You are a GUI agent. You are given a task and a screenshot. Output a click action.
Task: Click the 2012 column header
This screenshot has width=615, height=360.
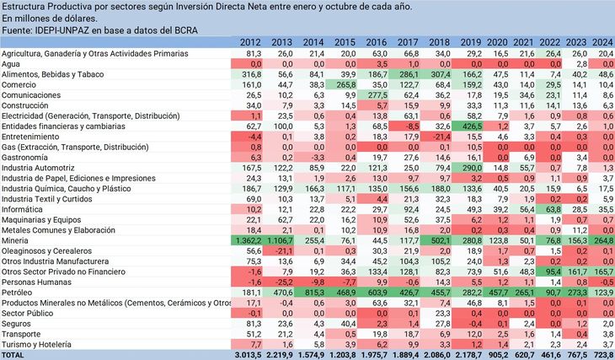coord(250,42)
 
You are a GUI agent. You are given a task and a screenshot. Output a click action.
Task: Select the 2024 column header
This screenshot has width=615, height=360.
coord(603,42)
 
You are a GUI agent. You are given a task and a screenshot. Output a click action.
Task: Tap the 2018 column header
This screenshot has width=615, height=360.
coord(440,42)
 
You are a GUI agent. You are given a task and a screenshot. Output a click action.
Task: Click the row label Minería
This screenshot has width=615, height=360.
coord(18,240)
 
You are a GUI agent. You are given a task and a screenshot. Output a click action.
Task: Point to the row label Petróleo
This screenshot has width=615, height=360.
coord(19,292)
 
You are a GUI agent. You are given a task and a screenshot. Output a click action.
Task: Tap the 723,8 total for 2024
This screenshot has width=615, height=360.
coord(603,354)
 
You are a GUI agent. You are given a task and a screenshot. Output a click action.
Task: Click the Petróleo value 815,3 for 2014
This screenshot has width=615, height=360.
coord(310,292)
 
